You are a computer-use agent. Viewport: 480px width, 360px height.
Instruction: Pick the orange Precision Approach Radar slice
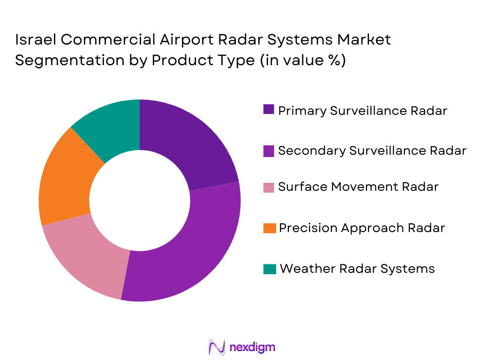pos(66,183)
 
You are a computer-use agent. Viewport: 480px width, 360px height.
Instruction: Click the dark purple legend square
pos(269,111)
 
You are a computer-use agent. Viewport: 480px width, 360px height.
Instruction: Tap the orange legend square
pos(269,228)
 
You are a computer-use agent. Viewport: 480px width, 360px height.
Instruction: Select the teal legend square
pos(269,269)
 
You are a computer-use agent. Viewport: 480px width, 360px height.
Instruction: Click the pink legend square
pos(269,187)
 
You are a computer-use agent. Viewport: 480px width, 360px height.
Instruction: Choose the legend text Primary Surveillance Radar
pos(362,111)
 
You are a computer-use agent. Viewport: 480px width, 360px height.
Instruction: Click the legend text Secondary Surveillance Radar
pos(372,150)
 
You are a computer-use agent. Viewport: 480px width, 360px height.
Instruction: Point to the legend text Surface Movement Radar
pos(358,187)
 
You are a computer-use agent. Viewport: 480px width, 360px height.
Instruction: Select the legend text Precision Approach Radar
pos(361,228)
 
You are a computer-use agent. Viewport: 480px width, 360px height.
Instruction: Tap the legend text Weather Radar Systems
pos(357,269)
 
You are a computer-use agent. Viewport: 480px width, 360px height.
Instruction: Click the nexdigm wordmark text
pos(253,347)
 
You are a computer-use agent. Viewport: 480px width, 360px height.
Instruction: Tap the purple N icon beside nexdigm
pos(217,347)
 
